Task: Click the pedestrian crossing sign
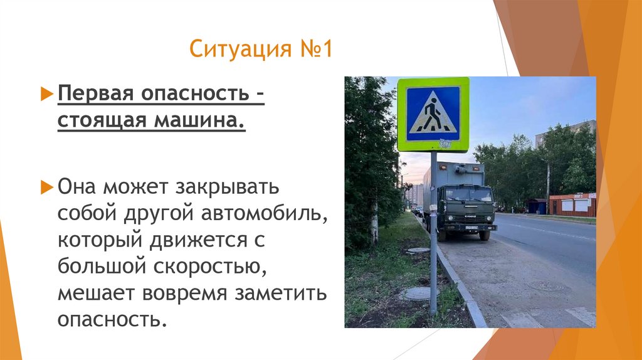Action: coord(433,114)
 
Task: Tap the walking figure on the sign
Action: coord(433,114)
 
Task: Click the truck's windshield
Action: coord(469,195)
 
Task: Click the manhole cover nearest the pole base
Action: coord(416,293)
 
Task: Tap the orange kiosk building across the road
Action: coord(572,204)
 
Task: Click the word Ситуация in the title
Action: coord(232,48)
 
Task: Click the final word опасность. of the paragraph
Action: coord(113,319)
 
